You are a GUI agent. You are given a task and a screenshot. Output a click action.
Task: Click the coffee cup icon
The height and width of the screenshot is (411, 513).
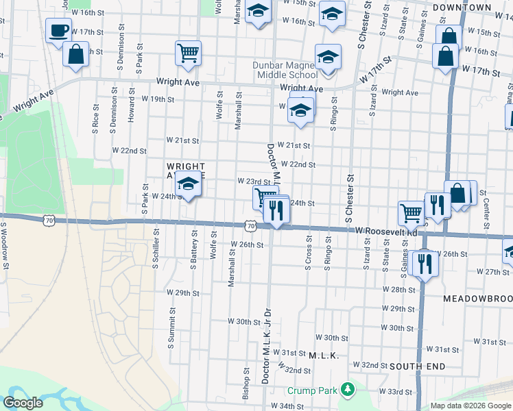point(58,30)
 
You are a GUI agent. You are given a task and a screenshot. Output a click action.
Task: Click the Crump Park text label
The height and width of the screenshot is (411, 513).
point(312,390)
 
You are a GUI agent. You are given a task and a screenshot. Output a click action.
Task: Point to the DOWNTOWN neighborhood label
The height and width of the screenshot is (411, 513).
point(462,8)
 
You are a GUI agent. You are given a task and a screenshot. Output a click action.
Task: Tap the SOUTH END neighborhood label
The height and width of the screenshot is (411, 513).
point(414,366)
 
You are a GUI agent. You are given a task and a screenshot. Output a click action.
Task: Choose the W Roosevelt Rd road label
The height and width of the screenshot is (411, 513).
point(386,232)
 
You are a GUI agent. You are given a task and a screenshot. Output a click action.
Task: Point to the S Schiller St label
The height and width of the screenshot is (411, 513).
point(156,251)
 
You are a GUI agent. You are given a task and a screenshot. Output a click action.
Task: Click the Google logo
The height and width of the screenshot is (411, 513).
point(23,403)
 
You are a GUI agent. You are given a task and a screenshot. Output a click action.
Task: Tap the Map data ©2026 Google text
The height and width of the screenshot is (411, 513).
point(470,406)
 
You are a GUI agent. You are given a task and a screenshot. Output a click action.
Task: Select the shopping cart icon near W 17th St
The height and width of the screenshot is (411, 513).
point(188,52)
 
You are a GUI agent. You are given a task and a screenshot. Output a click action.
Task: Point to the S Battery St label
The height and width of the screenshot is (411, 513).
point(195,251)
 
